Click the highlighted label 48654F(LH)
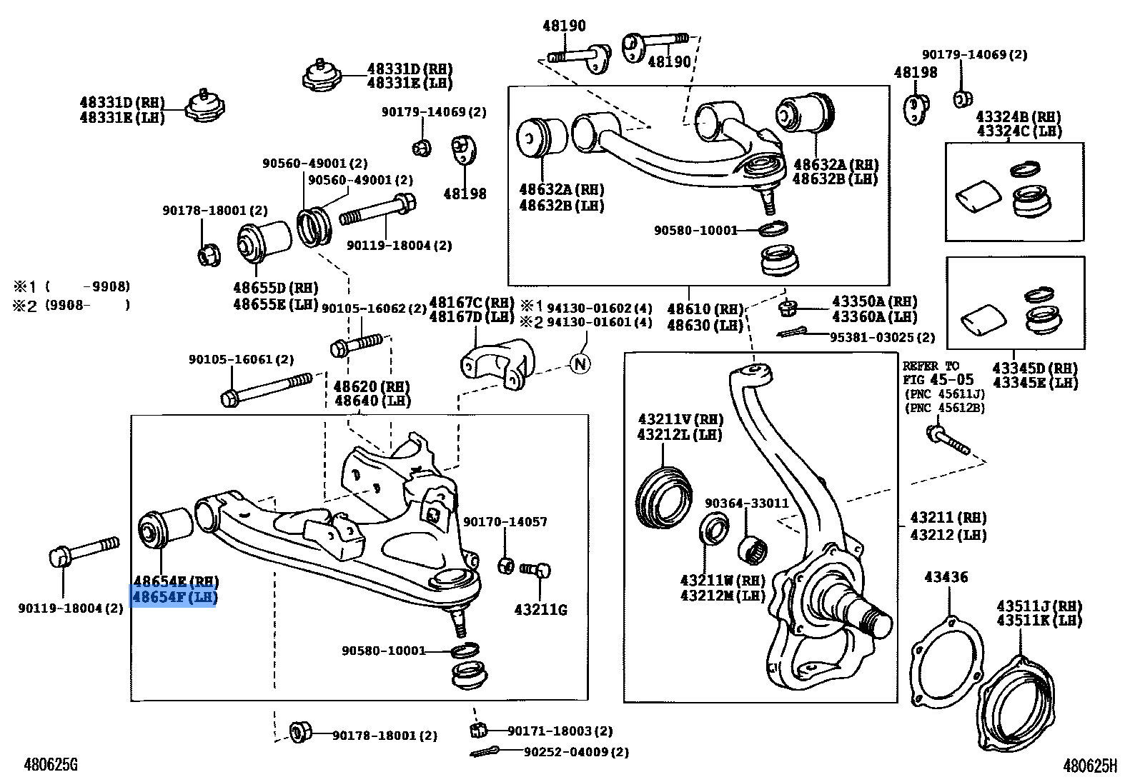click(174, 597)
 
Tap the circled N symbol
click(580, 364)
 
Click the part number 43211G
click(540, 610)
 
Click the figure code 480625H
click(1089, 766)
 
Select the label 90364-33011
click(746, 503)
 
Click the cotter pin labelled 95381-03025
click(794, 334)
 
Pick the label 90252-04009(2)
click(576, 752)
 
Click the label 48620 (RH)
click(372, 386)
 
